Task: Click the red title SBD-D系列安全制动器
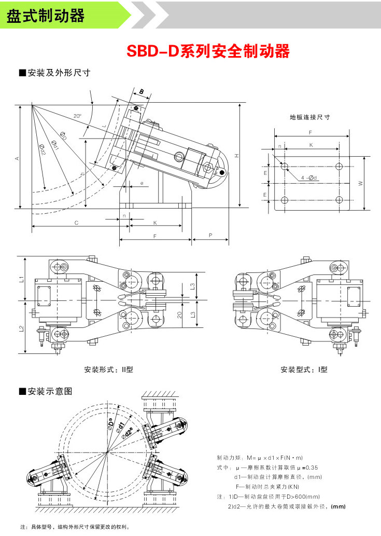click(208, 51)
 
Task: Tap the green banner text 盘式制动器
click(45, 16)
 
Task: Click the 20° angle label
click(77, 116)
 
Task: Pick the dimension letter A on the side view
click(17, 158)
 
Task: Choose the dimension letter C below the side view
click(76, 223)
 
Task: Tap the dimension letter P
click(210, 235)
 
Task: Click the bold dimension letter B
click(141, 92)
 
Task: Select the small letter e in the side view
click(142, 183)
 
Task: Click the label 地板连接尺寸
click(309, 117)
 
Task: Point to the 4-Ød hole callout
click(309, 178)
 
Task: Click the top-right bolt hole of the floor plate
click(338, 166)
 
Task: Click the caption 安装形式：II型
click(109, 370)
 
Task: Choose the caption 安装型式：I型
click(304, 370)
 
